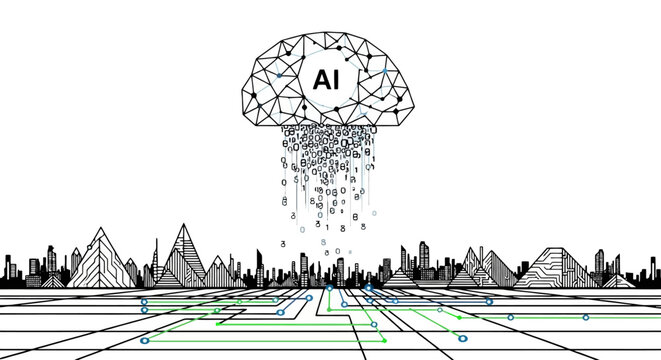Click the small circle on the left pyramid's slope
click(104, 255)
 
